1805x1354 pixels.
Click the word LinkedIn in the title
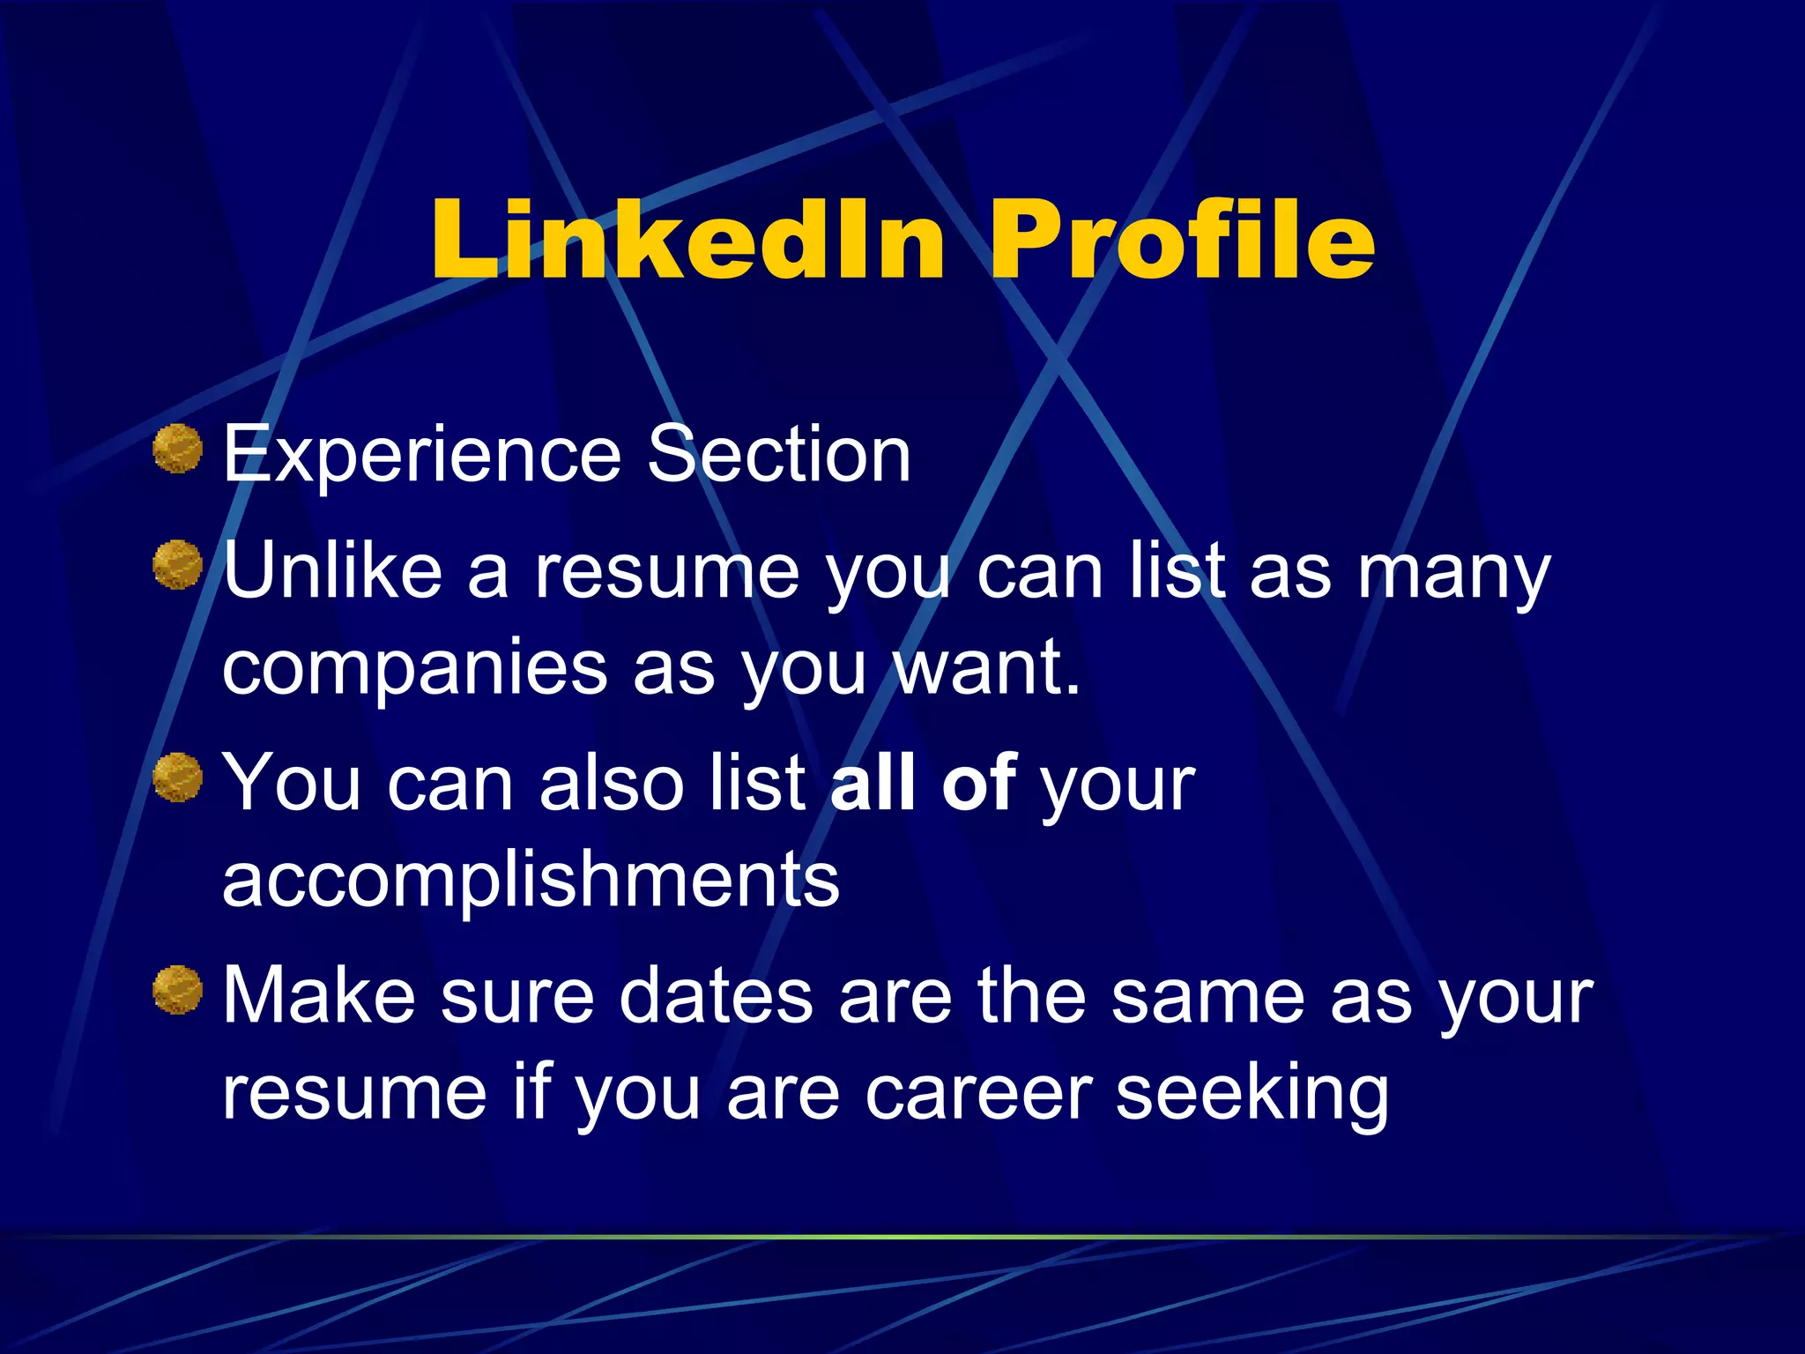click(688, 240)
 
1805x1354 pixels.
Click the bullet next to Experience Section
click(178, 449)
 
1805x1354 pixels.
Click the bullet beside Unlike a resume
click(178, 564)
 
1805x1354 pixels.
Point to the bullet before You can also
click(178, 777)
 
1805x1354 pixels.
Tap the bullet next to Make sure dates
click(178, 990)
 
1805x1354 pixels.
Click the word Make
click(318, 996)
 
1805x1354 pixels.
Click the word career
click(978, 1094)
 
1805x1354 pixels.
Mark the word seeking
click(1252, 1094)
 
